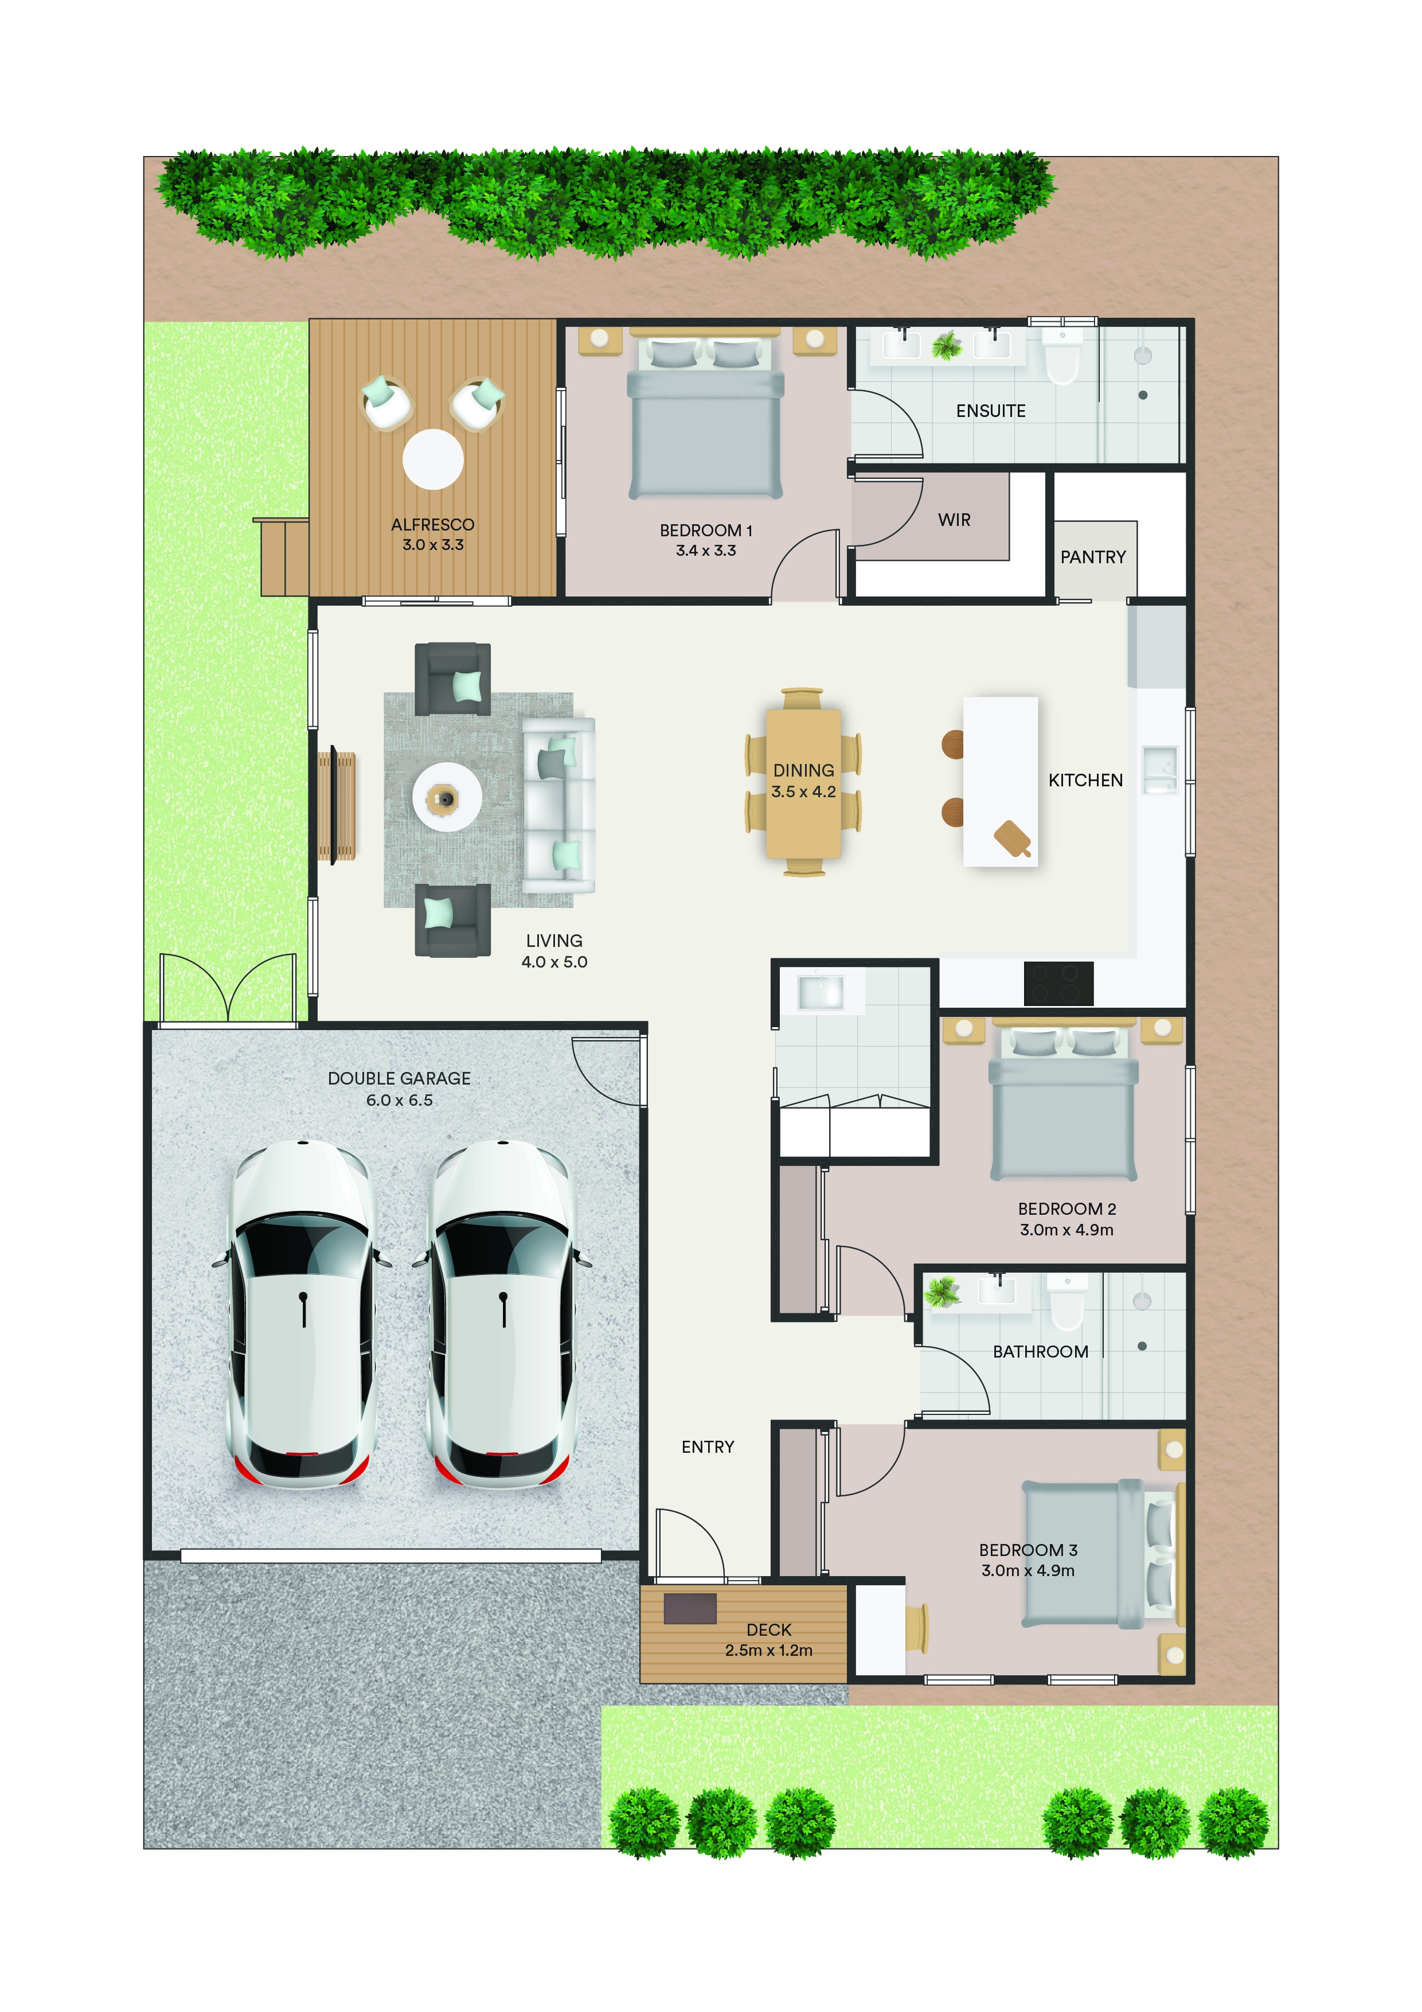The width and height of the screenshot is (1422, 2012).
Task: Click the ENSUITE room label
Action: pyautogui.click(x=990, y=411)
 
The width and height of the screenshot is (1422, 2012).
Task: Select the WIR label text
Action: pyautogui.click(x=954, y=520)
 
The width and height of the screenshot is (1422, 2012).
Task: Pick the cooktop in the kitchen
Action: pyautogui.click(x=1058, y=983)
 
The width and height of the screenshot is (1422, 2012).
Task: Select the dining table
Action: pyautogui.click(x=803, y=782)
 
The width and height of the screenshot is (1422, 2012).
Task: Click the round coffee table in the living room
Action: pyautogui.click(x=447, y=797)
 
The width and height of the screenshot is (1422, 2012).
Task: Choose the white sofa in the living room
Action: pyautogui.click(x=559, y=805)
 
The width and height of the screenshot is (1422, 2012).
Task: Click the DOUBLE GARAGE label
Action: pyautogui.click(x=400, y=1079)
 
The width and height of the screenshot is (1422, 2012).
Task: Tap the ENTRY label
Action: pyautogui.click(x=708, y=1447)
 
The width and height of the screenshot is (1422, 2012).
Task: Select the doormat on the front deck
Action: pyautogui.click(x=690, y=1609)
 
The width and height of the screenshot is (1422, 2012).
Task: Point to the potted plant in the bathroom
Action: pyautogui.click(x=943, y=1292)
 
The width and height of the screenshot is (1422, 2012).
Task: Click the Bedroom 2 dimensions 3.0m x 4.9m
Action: pyautogui.click(x=1066, y=1230)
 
